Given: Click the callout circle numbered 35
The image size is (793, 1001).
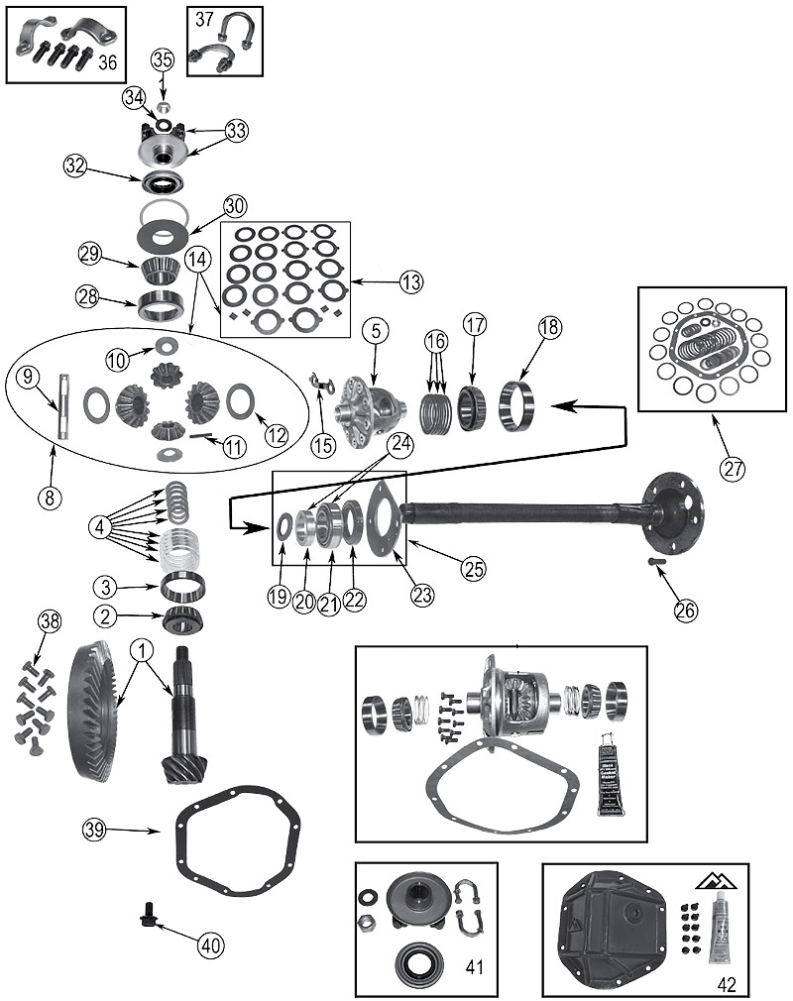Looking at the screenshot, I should tap(162, 60).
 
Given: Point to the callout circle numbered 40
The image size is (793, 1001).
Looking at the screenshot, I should tap(208, 945).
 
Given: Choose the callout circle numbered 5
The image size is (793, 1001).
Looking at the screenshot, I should tap(375, 330).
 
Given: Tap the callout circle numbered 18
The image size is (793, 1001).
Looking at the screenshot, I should tap(549, 327).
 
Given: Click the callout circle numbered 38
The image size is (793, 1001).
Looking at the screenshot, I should tap(50, 622).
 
